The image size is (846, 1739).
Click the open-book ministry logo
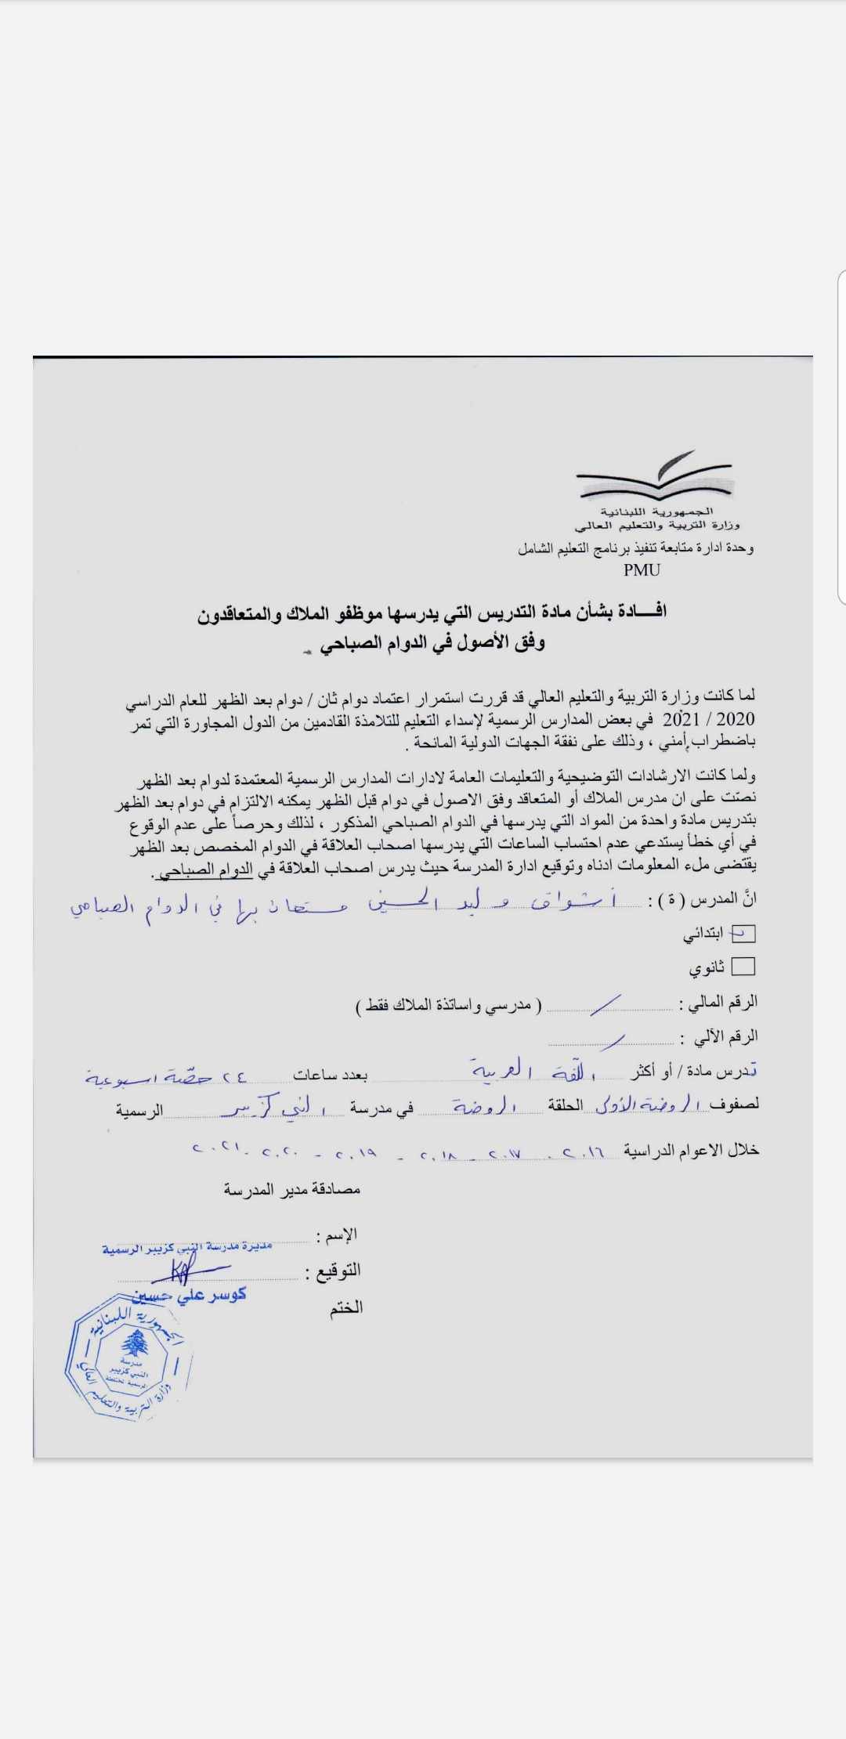point(656,477)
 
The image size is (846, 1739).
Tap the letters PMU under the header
point(642,570)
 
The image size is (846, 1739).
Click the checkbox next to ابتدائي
point(743,933)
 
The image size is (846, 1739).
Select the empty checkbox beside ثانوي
point(743,967)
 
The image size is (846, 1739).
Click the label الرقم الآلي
point(718,1038)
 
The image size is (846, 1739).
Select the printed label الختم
point(345,1307)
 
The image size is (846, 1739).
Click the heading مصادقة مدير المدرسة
point(291,1189)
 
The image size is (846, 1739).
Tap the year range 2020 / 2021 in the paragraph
point(709,719)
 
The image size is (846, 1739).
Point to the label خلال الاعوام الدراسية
point(692,1150)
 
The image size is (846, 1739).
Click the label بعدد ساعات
point(330,1075)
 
